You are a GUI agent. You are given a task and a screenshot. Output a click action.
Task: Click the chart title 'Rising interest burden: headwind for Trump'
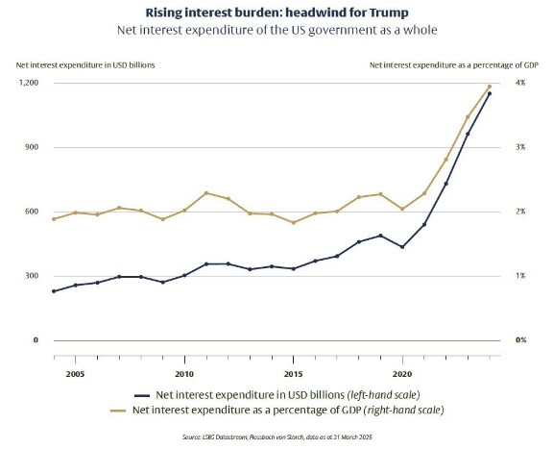tap(276, 12)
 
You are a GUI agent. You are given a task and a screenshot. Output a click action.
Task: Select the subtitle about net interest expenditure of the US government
tap(276, 29)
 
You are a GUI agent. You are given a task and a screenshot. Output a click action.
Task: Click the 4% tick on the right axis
tap(519, 84)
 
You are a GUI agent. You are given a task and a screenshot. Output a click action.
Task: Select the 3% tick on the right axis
tap(519, 147)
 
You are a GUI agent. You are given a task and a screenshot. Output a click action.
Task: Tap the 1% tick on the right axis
tap(519, 276)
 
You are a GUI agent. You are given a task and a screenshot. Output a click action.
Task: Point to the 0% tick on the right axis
tap(519, 340)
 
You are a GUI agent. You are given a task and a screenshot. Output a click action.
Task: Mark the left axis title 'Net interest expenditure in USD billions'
tap(85, 64)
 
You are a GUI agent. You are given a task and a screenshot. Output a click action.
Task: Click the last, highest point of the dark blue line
tap(490, 93)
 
